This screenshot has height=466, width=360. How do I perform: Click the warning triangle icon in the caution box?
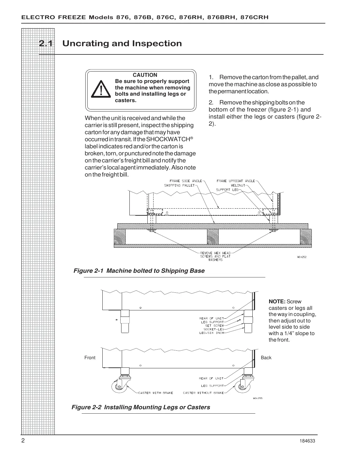(100, 89)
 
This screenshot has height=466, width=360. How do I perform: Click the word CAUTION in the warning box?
(145, 75)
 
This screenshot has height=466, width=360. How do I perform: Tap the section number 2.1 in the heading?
(46, 44)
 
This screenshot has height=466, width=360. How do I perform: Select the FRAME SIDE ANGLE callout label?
(186, 181)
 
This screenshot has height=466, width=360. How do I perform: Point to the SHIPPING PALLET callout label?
(179, 185)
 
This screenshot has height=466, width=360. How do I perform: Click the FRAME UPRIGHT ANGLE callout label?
(236, 181)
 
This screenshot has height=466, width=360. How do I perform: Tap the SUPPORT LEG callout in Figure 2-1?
(227, 190)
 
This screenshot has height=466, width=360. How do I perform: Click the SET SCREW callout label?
(214, 326)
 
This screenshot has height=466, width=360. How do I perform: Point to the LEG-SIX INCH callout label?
(212, 333)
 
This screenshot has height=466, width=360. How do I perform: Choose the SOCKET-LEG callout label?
(214, 329)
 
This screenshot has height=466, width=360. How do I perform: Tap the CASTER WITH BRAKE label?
(156, 393)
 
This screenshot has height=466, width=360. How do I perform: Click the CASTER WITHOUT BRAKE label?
(203, 393)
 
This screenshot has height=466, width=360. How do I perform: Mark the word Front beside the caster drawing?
(90, 358)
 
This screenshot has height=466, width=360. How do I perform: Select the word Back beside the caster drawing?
(266, 358)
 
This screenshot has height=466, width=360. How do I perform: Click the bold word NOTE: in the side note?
(277, 302)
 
